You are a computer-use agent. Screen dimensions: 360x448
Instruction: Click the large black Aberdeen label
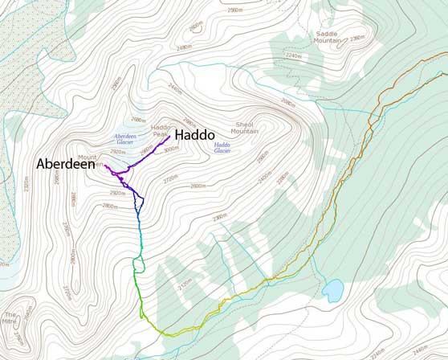(x=66, y=163)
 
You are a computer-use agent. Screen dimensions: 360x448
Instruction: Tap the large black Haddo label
(x=194, y=134)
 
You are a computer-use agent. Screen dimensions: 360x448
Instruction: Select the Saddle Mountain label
(x=327, y=36)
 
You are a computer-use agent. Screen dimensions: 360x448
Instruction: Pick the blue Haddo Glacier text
(x=222, y=147)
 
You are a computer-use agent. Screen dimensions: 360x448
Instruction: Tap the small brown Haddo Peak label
(x=161, y=130)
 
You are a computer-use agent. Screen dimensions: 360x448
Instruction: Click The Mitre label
(x=10, y=318)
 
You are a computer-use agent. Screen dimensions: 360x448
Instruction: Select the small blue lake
(x=333, y=289)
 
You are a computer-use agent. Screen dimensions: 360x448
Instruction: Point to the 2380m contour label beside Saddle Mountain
(x=357, y=38)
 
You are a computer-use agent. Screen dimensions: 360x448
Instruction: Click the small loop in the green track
(x=137, y=264)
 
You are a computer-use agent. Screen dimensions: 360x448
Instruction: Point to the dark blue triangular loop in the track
(x=137, y=201)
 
